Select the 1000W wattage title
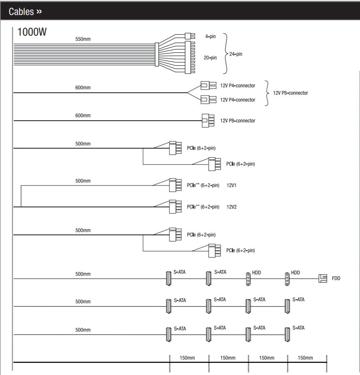[x=32, y=32]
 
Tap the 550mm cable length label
[x=83, y=39]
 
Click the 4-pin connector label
[x=210, y=36]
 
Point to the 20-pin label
[x=210, y=58]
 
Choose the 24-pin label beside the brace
[x=236, y=54]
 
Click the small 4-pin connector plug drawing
[x=190, y=36]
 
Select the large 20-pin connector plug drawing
[x=190, y=58]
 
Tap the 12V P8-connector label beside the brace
[x=290, y=93]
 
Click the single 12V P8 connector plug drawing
[x=208, y=121]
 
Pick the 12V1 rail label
[x=231, y=185]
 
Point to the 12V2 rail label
[x=231, y=207]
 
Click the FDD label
[x=336, y=278]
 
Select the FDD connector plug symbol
[x=323, y=278]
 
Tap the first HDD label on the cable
[x=256, y=273]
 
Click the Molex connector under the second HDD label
[x=287, y=279]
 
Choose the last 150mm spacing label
[x=305, y=358]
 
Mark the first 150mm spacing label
[x=187, y=358]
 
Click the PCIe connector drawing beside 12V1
[x=175, y=185]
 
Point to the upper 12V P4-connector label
[x=238, y=85]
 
